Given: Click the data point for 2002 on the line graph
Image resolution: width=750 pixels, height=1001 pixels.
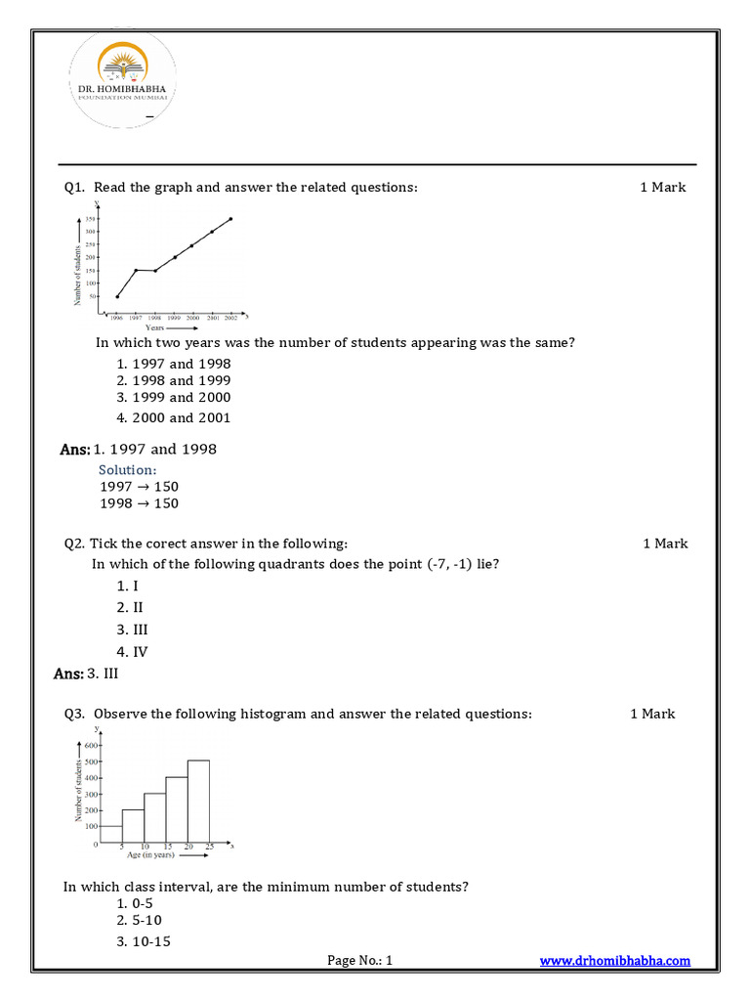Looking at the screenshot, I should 230,219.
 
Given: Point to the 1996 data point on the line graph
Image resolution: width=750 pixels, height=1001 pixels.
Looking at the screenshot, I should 117,296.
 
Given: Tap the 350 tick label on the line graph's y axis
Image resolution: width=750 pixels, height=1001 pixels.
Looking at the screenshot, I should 90,219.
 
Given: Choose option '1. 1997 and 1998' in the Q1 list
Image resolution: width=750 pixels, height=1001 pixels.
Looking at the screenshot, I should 174,364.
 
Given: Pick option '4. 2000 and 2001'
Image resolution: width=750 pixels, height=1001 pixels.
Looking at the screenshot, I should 174,417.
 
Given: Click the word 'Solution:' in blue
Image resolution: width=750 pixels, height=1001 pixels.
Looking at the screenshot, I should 128,470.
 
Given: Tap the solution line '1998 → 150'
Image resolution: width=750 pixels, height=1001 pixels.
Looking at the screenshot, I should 139,503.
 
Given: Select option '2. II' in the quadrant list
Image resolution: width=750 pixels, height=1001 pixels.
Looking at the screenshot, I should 131,607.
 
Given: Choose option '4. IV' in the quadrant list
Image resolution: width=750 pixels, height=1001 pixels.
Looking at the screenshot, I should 132,651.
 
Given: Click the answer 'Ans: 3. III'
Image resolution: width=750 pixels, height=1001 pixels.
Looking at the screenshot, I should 87,674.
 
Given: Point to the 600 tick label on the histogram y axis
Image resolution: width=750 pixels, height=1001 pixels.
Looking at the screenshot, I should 92,745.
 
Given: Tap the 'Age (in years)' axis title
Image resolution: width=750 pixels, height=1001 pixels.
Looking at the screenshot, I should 149,855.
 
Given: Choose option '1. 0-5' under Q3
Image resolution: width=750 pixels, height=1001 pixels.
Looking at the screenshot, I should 136,902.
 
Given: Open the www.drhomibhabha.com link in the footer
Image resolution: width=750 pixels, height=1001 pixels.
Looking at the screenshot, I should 615,961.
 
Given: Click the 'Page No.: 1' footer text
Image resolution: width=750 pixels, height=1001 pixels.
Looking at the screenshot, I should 359,961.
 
